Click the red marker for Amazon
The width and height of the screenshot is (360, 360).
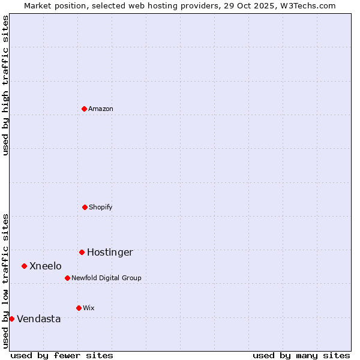tap(84, 109)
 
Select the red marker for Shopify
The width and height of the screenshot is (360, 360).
tap(85, 207)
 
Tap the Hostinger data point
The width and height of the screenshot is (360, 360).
tap(82, 252)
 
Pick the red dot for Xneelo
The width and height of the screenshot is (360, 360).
tap(24, 266)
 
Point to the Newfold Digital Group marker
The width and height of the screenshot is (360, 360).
tap(67, 278)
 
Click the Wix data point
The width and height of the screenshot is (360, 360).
tap(79, 308)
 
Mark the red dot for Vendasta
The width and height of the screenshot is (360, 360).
tap(11, 319)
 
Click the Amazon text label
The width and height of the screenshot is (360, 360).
tap(101, 109)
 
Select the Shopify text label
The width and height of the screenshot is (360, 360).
tap(101, 207)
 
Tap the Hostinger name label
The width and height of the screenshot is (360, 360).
tap(110, 252)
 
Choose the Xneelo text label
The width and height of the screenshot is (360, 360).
tap(46, 266)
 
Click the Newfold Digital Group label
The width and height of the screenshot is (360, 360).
tap(106, 278)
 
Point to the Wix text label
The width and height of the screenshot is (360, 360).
tap(89, 308)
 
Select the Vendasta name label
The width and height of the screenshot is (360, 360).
tap(39, 319)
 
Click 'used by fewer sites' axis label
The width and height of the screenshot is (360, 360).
tap(62, 355)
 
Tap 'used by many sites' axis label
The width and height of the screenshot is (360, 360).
tap(301, 355)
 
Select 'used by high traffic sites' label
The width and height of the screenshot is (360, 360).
tap(5, 85)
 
